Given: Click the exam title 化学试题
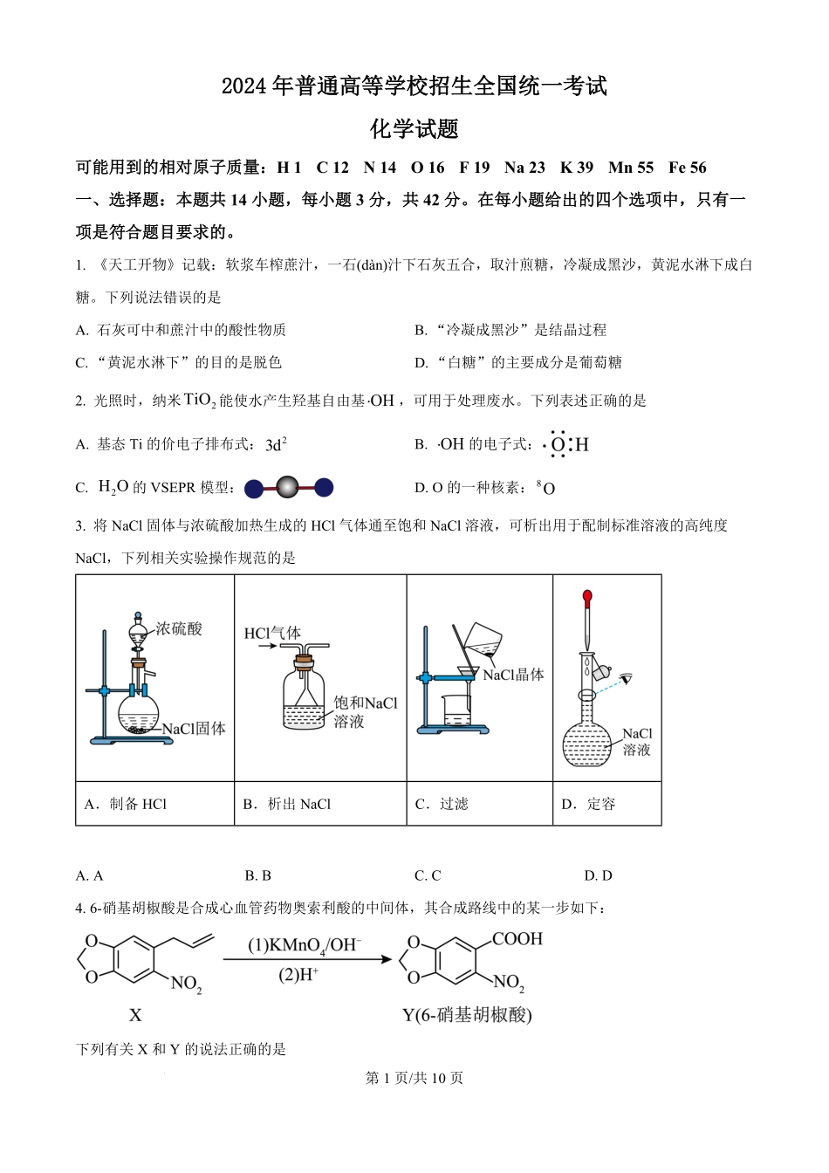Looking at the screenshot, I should click(x=414, y=129).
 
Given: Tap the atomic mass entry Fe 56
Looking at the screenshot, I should click(x=688, y=168).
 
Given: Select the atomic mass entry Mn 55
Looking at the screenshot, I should click(x=631, y=168).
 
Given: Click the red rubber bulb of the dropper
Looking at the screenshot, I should click(x=587, y=599).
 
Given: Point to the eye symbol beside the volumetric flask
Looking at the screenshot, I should click(x=625, y=678).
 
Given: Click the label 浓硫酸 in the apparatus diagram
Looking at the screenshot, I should click(x=179, y=628).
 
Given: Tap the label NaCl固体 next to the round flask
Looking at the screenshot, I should click(x=194, y=728).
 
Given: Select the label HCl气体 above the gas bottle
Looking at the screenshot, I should click(x=272, y=633).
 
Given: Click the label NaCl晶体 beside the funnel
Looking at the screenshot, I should click(x=513, y=675).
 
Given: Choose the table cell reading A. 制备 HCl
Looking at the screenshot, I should click(x=127, y=804).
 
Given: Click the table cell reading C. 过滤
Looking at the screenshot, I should click(x=442, y=804).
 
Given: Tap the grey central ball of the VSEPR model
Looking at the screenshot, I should click(x=288, y=488).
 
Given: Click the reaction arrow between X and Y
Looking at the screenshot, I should click(x=307, y=959).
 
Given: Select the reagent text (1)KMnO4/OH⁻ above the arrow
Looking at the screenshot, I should click(x=305, y=945).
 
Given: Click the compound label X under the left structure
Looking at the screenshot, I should click(x=135, y=1015).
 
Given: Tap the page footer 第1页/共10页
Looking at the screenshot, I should click(x=414, y=1078).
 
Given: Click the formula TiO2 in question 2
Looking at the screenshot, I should click(x=200, y=401).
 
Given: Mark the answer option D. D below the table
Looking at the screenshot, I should click(x=598, y=875).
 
